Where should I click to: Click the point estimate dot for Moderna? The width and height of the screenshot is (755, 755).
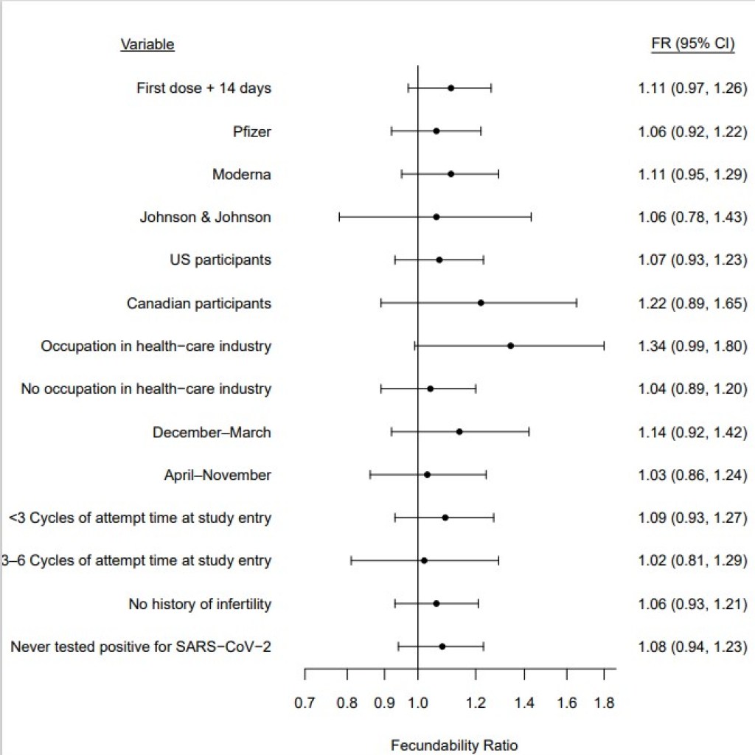click(450, 174)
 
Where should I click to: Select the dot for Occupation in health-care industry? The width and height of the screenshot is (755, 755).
click(510, 346)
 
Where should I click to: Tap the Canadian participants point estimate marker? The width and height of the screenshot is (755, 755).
click(481, 303)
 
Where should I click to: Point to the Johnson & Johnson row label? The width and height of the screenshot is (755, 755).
click(205, 218)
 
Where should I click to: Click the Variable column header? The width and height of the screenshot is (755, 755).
click(147, 44)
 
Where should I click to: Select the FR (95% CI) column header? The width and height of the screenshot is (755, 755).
click(692, 44)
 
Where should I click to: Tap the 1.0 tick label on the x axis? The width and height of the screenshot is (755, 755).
click(418, 703)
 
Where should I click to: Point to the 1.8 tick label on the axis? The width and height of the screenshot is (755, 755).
click(604, 703)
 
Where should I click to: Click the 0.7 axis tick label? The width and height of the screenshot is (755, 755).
click(305, 703)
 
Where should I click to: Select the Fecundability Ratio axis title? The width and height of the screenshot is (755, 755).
click(454, 745)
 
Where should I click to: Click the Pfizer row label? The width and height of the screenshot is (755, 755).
click(251, 132)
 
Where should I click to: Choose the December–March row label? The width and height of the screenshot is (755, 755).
click(212, 433)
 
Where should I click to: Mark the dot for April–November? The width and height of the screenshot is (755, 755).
click(427, 475)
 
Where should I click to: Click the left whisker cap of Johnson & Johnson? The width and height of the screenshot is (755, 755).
click(339, 217)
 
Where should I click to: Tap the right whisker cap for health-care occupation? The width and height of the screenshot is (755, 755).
click(604, 346)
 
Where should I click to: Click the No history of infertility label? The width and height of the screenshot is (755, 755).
click(200, 605)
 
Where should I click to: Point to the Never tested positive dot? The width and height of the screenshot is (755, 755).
click(442, 647)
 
